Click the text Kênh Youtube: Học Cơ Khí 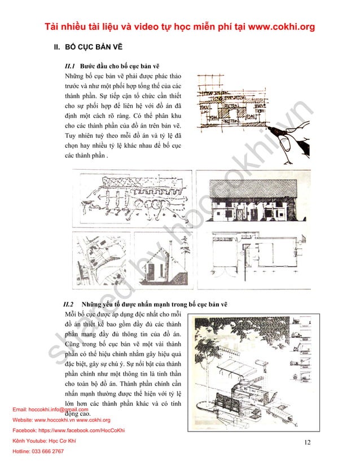coord(44,441)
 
